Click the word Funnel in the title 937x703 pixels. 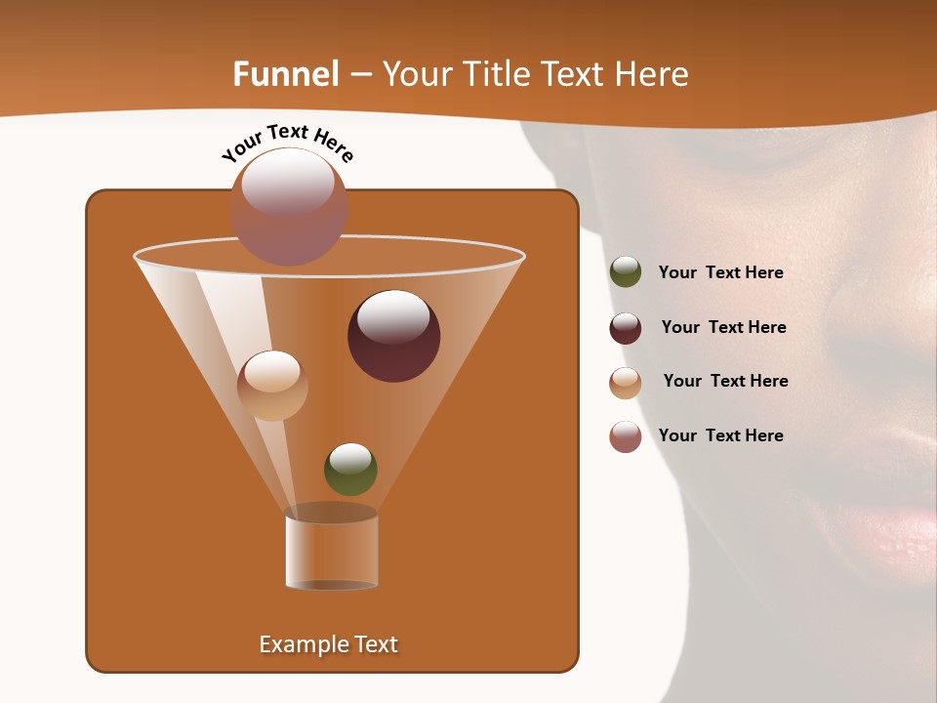[285, 74]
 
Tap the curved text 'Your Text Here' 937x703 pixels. [287, 143]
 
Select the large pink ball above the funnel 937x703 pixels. [289, 206]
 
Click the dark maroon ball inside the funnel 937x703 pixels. [393, 336]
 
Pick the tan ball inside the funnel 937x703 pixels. [272, 386]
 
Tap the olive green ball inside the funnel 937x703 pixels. [350, 469]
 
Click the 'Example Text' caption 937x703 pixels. [328, 644]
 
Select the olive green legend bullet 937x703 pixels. [626, 272]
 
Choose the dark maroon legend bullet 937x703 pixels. [626, 328]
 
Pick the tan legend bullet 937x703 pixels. [626, 383]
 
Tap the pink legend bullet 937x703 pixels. [626, 436]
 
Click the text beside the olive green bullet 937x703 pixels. [720, 273]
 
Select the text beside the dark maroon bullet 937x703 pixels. [723, 328]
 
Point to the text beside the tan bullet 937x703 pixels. [725, 382]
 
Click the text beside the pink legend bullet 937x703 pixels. [720, 435]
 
